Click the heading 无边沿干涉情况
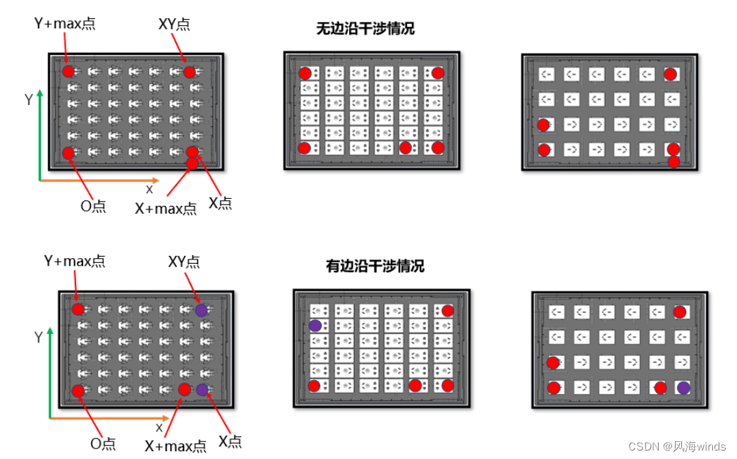coord(365,29)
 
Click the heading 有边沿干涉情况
coord(374,267)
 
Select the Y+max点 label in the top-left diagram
coord(65,23)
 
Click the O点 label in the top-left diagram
coord(92,206)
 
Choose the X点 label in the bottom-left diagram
coord(230,442)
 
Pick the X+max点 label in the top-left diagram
coord(165,208)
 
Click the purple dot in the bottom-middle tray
coord(315,326)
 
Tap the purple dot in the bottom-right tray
coord(683,387)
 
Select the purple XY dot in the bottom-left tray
coord(202,310)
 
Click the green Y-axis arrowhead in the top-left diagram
coord(40,94)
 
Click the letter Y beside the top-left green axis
coord(28,100)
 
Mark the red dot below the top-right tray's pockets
coord(674,162)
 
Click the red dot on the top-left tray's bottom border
coord(192,164)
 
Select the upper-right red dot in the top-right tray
coord(670,74)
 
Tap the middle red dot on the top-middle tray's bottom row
coord(405,147)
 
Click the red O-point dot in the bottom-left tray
coord(78,391)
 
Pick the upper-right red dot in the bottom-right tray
coord(679,312)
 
